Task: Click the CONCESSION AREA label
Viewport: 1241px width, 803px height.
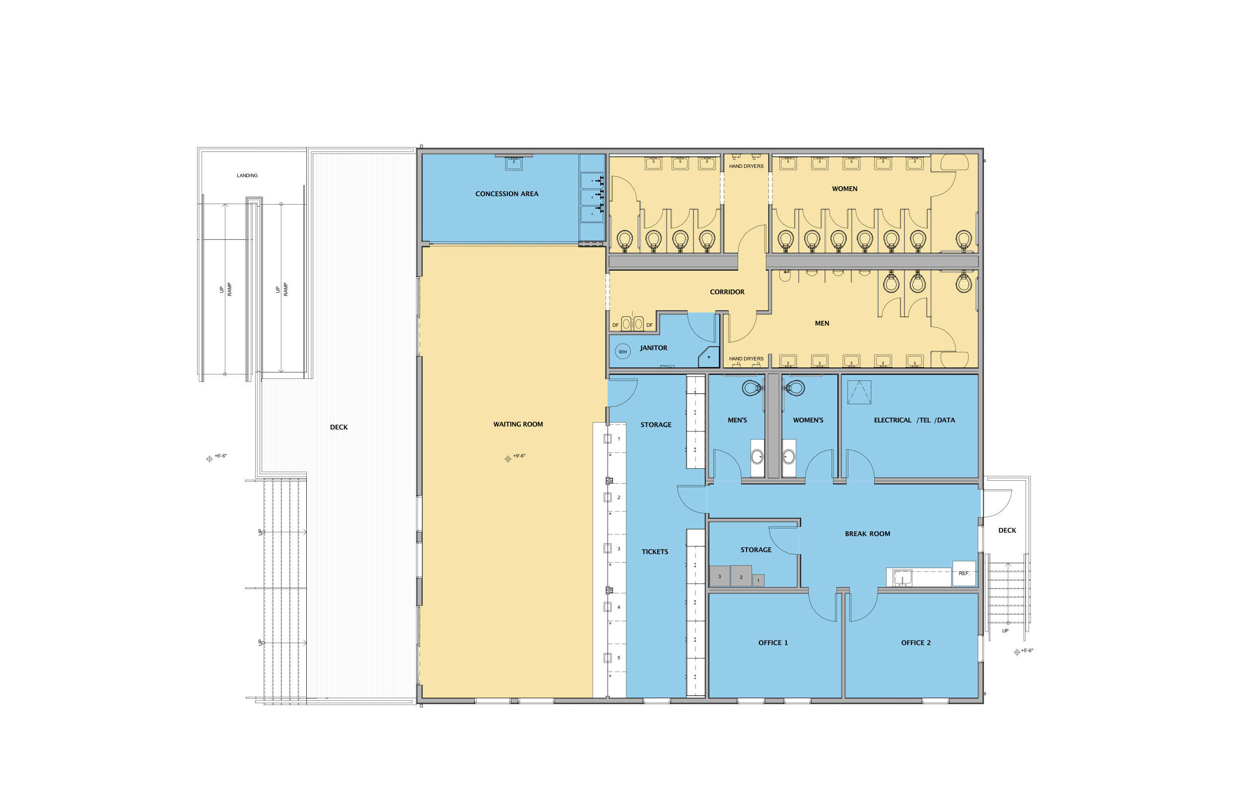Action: pos(506,194)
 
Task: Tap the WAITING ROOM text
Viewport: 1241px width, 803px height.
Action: pos(518,425)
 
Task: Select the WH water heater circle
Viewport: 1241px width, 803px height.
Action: pos(622,352)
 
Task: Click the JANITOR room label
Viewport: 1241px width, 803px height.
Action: pos(653,348)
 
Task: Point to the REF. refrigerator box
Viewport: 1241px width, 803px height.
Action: pos(964,573)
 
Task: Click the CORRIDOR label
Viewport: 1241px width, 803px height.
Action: pos(727,292)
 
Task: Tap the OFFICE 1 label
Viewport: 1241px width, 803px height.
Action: pos(772,643)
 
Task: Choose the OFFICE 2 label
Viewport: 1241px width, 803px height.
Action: pos(915,643)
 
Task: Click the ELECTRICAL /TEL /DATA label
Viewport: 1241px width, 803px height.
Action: pos(914,420)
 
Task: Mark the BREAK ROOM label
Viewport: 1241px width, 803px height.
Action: pos(867,534)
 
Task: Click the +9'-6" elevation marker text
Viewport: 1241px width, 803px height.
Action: pos(519,456)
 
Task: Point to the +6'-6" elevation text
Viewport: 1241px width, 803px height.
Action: pos(220,456)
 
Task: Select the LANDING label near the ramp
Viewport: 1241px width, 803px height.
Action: pos(247,176)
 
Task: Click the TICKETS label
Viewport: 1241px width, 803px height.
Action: pos(655,552)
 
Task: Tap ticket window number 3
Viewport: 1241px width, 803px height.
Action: pos(619,549)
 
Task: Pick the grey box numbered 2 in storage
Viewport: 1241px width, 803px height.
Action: pos(741,576)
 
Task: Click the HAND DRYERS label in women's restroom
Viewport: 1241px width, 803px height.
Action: pos(746,166)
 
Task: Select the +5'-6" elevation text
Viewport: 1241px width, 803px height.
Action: pos(1027,651)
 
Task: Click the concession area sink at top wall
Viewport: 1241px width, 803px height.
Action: pos(513,163)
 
